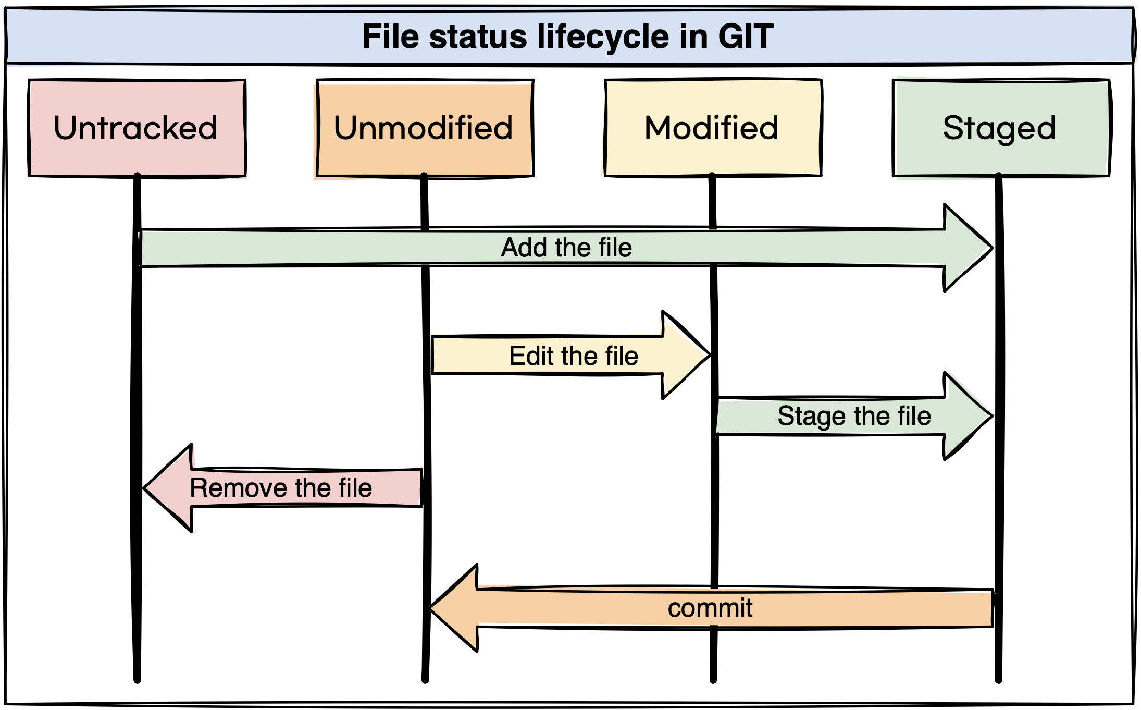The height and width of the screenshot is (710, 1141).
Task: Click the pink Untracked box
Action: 137,128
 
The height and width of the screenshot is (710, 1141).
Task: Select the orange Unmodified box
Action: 425,128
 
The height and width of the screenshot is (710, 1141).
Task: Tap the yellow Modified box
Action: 712,128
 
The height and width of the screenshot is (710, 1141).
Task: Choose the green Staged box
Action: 1000,128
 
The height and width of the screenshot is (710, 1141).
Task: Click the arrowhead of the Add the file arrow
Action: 969,248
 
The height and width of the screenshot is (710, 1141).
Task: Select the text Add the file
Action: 566,248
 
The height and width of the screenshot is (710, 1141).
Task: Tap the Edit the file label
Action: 573,356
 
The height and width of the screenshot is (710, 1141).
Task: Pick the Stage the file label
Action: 854,416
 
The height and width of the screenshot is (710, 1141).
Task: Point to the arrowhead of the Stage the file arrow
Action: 969,416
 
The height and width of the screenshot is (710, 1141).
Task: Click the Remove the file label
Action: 281,488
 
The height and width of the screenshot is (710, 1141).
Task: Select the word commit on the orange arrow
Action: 710,608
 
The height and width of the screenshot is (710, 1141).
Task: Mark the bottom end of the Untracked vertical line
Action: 137,679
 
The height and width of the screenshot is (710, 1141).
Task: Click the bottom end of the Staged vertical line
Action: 998,679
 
